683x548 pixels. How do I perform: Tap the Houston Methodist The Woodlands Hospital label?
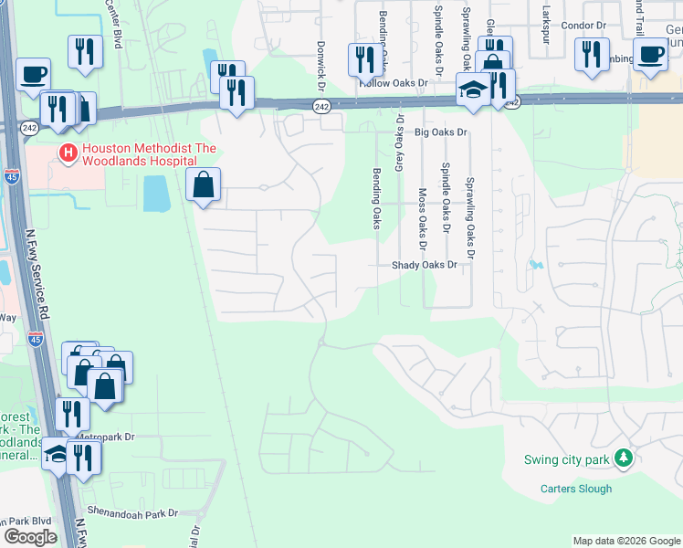(x=149, y=155)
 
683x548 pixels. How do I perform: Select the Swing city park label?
(x=566, y=459)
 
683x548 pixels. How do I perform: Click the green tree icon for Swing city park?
(x=624, y=457)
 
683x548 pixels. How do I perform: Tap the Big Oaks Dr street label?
(x=440, y=132)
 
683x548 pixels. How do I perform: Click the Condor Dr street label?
(x=583, y=26)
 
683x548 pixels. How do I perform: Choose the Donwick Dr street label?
(x=320, y=65)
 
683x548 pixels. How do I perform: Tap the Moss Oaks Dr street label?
(x=422, y=219)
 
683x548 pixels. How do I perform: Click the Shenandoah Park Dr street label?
(x=132, y=513)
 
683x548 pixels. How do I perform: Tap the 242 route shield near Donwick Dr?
(x=321, y=107)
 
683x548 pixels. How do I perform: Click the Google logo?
(x=30, y=536)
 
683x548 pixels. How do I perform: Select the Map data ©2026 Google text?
(x=625, y=541)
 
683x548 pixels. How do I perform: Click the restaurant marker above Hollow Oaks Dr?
(x=364, y=60)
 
